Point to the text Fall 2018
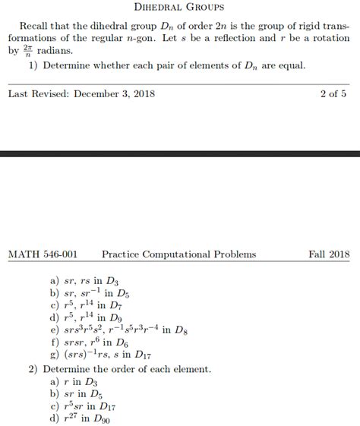coord(329,254)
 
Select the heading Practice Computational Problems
coord(178,254)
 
